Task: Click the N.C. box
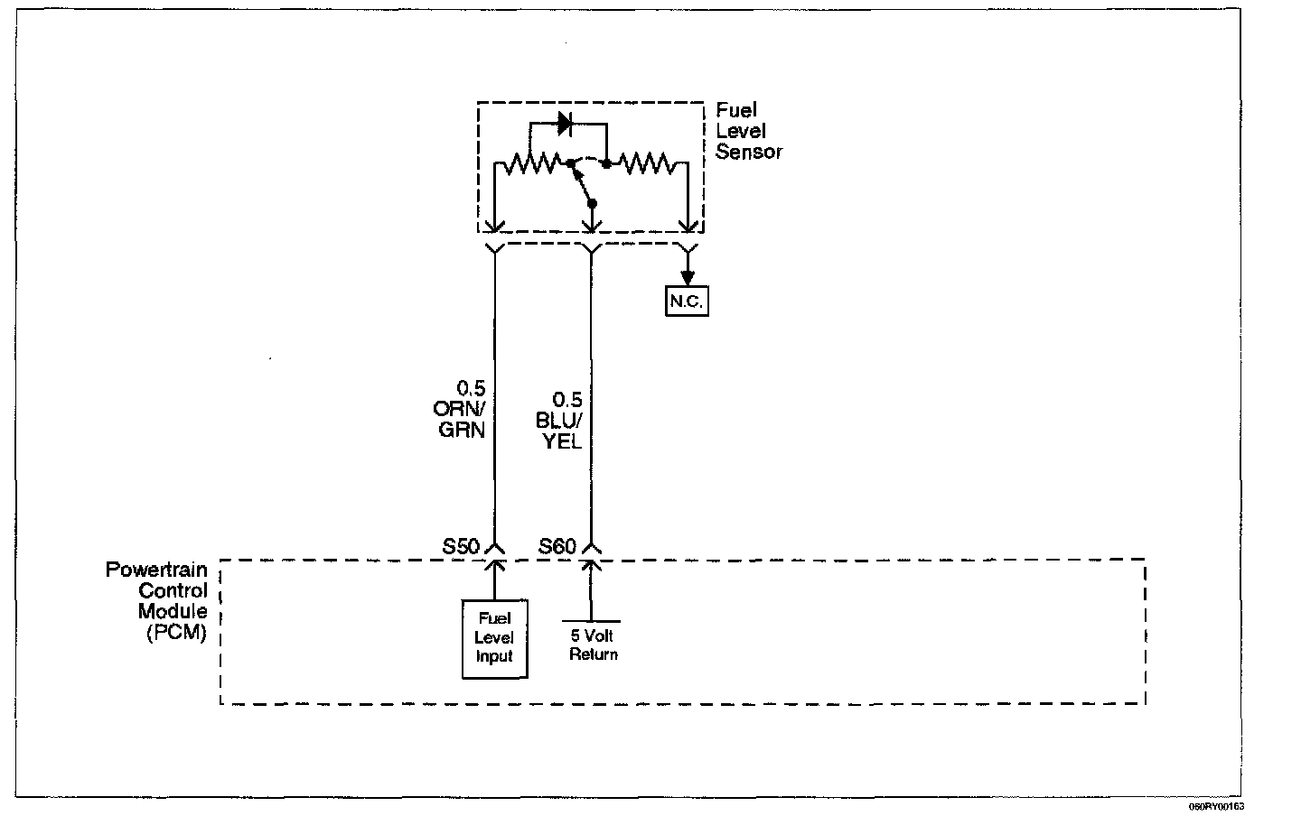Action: pyautogui.click(x=687, y=301)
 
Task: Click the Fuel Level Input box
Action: pyautogui.click(x=495, y=638)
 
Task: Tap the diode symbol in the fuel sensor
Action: pyautogui.click(x=565, y=124)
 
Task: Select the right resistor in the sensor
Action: pyautogui.click(x=645, y=163)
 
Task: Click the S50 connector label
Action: pyautogui.click(x=461, y=546)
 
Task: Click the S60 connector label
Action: pyautogui.click(x=557, y=546)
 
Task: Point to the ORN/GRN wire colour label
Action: pyautogui.click(x=459, y=419)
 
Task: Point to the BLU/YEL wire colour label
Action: pyautogui.click(x=558, y=431)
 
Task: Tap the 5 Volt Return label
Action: pyautogui.click(x=593, y=644)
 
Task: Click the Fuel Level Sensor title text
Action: pyautogui.click(x=749, y=131)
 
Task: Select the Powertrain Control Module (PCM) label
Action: pyautogui.click(x=156, y=600)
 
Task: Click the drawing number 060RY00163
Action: pyautogui.click(x=1216, y=807)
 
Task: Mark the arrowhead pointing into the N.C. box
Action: pyautogui.click(x=688, y=277)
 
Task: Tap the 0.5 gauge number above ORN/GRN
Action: pyautogui.click(x=471, y=387)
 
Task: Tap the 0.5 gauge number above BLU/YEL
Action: pyautogui.click(x=566, y=399)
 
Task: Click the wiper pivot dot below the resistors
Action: pyautogui.click(x=592, y=204)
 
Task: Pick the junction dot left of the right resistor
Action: pyautogui.click(x=606, y=164)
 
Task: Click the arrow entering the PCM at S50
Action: pyautogui.click(x=495, y=580)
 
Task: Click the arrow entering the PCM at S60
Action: pyautogui.click(x=591, y=589)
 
